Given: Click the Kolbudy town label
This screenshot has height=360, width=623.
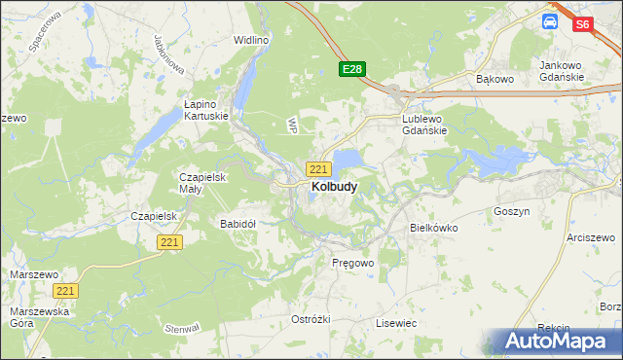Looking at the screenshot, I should (x=333, y=186).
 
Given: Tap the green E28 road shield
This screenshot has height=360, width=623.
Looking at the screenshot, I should (x=352, y=69).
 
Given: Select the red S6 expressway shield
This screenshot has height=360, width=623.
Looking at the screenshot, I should (x=583, y=25).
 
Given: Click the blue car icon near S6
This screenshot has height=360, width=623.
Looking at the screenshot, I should (x=550, y=20).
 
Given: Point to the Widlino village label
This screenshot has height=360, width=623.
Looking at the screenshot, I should (x=250, y=40).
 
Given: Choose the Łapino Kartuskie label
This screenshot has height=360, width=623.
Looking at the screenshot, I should (x=206, y=109).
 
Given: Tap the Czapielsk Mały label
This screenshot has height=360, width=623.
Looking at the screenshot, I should (x=202, y=183).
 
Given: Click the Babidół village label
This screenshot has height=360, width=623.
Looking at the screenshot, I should (x=238, y=224).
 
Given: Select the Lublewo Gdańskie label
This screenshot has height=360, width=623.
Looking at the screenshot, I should (x=424, y=125).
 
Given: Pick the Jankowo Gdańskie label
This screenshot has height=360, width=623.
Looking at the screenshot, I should (x=561, y=71).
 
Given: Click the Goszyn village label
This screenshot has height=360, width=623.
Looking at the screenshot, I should (x=511, y=211).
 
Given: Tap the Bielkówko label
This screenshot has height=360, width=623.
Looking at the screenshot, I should (x=434, y=228).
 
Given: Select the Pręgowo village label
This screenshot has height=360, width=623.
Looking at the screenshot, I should (x=352, y=264).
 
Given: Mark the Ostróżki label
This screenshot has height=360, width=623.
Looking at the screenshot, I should (x=311, y=320).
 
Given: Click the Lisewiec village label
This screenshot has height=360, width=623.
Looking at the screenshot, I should (x=396, y=323).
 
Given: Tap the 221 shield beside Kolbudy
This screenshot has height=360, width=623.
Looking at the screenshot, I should (x=318, y=169).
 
